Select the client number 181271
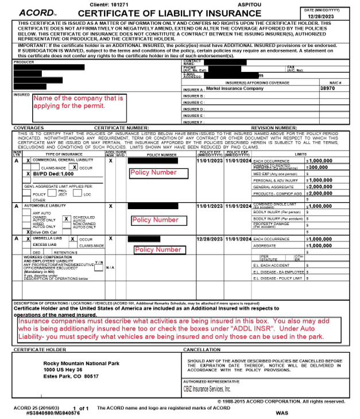[149, 4]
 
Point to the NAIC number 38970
[328, 89]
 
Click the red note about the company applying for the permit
[78, 102]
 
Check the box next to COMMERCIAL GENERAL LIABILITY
[28, 161]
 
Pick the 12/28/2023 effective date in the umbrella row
[209, 239]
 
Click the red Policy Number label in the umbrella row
[158, 249]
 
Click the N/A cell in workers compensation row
[110, 267]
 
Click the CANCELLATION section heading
[203, 349]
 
